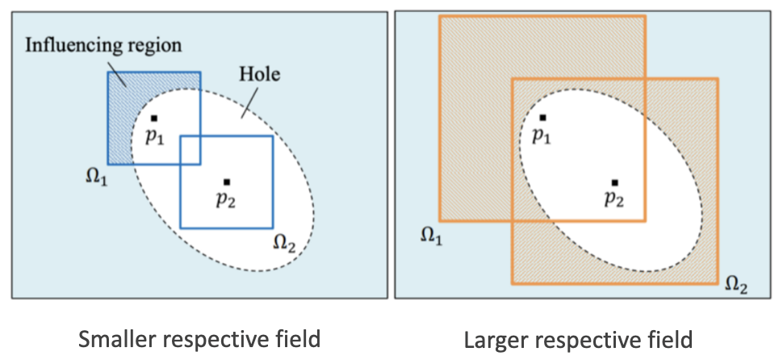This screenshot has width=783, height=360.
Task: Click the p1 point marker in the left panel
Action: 153,118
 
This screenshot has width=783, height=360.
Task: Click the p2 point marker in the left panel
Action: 227,182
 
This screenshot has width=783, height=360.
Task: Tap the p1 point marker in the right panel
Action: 542,118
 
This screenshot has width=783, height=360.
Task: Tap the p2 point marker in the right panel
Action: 615,182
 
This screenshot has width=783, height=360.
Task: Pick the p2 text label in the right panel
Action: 615,200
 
